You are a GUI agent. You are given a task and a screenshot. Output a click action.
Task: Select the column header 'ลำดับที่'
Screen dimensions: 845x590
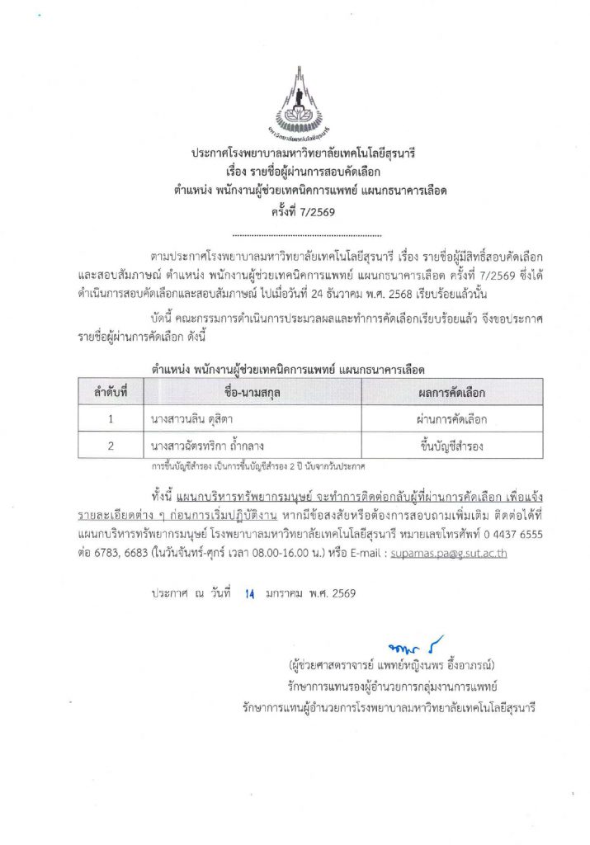coord(111,392)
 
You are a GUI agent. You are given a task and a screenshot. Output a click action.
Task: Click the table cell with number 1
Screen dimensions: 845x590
coord(111,419)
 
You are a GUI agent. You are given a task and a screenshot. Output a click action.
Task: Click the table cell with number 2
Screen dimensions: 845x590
coord(111,446)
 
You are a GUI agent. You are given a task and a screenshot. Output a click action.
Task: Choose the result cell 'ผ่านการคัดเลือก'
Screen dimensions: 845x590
coord(451,419)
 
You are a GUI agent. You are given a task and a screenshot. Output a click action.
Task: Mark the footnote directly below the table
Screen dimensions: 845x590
coord(257,466)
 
